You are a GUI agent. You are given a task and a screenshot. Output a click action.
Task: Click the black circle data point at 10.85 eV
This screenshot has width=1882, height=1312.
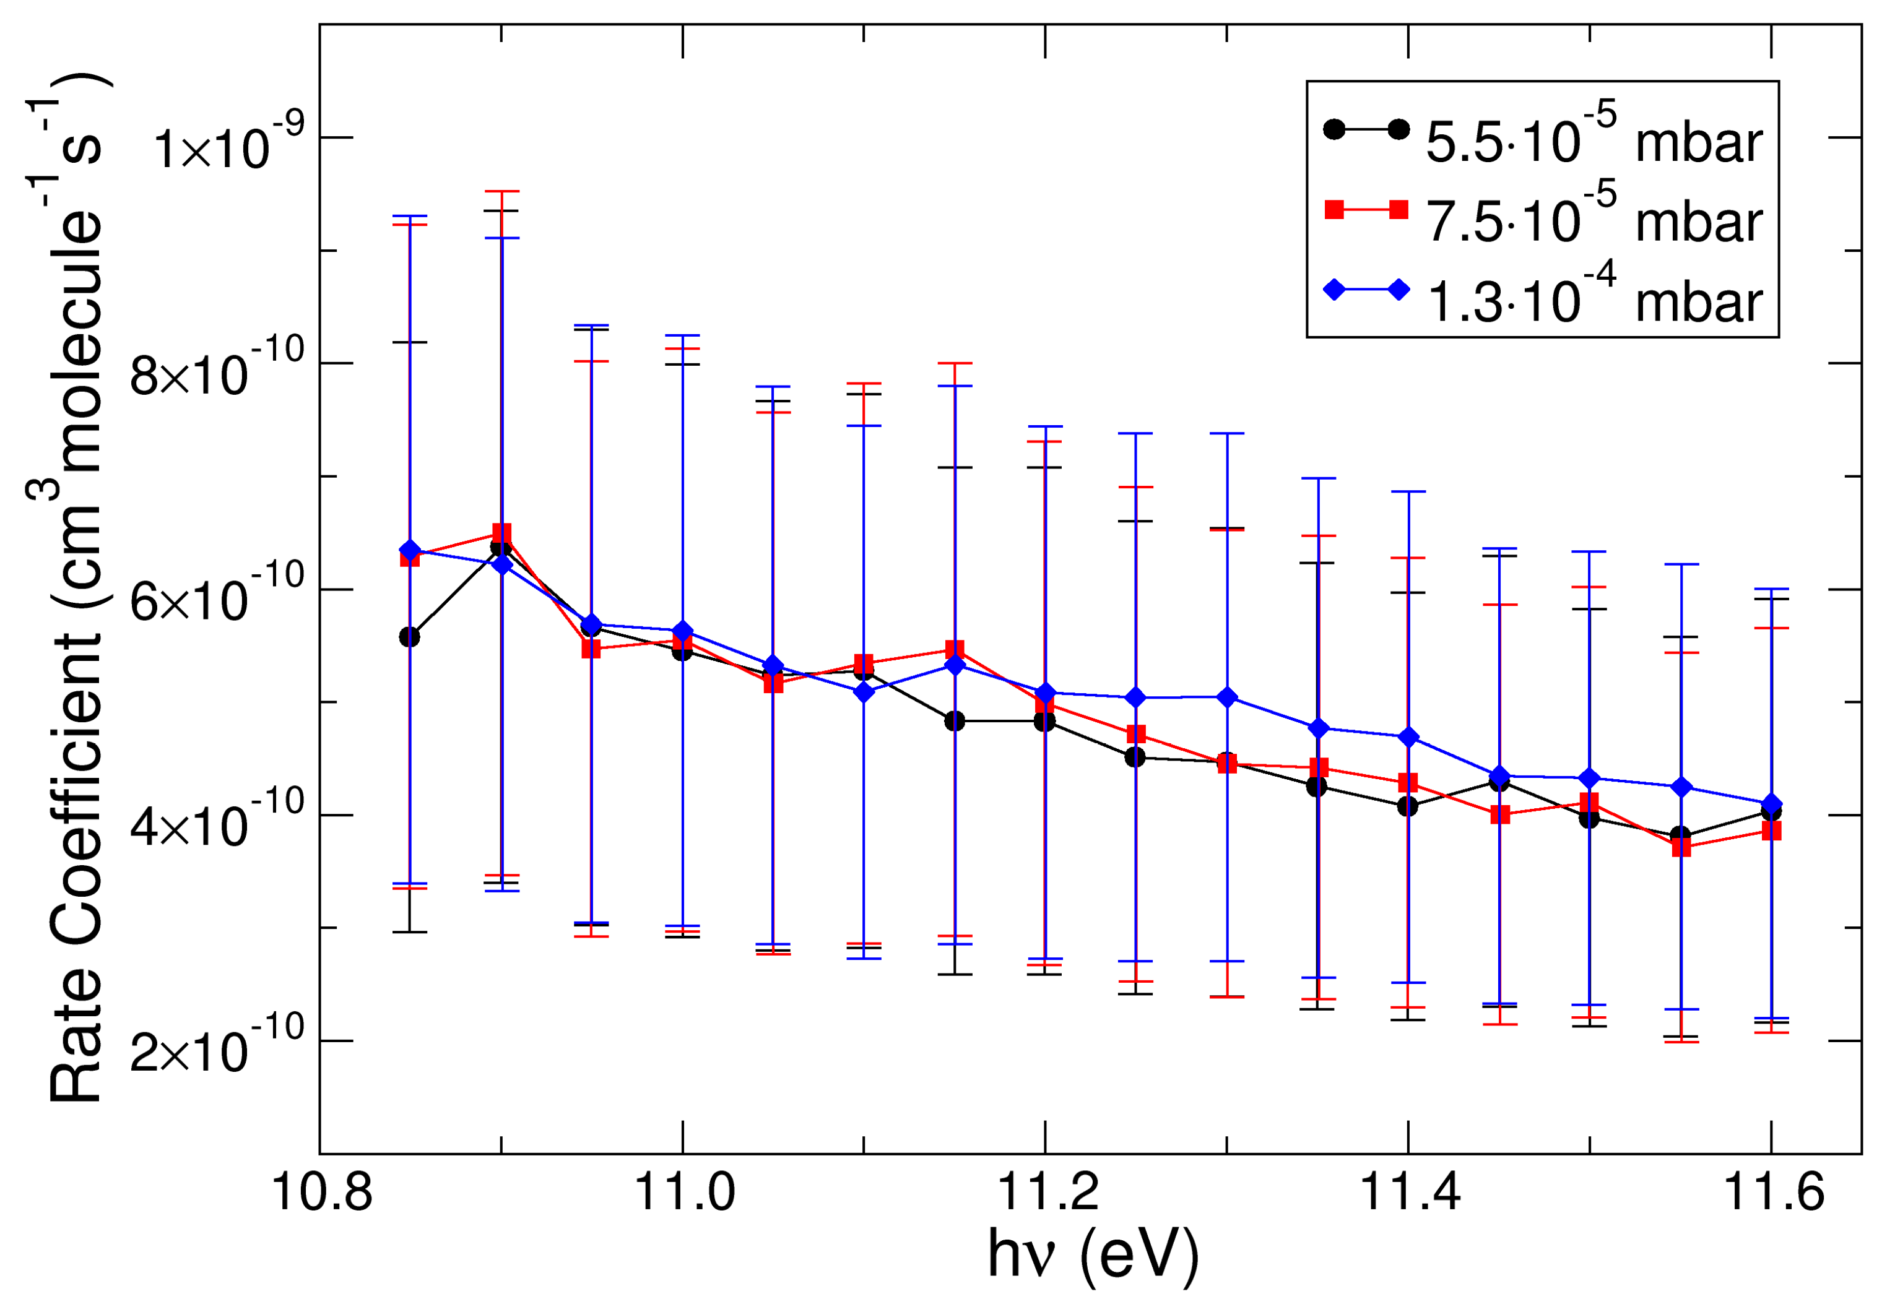(409, 637)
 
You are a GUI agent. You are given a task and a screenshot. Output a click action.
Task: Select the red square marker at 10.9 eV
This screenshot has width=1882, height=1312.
(501, 533)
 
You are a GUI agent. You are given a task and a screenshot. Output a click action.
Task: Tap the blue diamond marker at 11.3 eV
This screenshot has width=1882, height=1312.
(1227, 697)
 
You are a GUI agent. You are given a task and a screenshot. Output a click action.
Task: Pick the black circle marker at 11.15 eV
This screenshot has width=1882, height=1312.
(954, 721)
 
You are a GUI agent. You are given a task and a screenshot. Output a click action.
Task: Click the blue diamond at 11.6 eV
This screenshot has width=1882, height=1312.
(1771, 804)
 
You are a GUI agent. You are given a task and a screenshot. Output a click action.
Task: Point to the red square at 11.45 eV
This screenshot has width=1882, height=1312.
(1500, 814)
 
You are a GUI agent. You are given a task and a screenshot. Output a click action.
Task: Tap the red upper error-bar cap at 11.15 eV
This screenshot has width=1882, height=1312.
(954, 363)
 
